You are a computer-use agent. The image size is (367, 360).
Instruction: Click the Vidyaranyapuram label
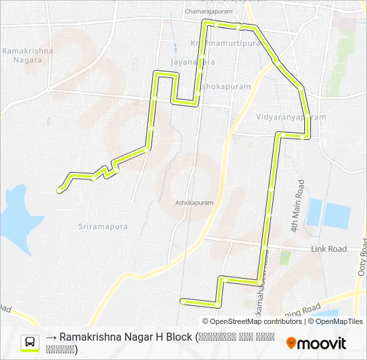click(291, 117)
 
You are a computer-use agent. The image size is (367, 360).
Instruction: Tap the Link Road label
click(329, 249)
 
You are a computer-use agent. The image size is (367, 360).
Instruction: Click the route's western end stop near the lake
click(59, 190)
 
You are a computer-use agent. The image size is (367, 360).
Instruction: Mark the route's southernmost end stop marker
click(181, 301)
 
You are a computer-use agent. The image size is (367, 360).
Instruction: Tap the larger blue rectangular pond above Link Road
click(336, 215)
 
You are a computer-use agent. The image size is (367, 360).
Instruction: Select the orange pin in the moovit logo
click(292, 343)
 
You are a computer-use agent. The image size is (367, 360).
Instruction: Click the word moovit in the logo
click(322, 343)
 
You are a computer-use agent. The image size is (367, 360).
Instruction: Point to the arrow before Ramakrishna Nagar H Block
click(51, 338)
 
